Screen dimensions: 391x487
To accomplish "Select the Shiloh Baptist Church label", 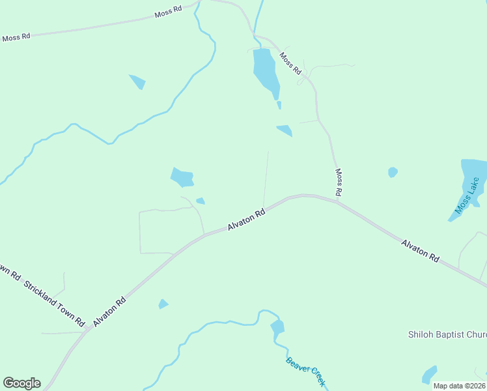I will [447, 334].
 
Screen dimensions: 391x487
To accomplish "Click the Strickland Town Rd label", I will [55, 304].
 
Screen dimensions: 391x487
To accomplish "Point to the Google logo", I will [21, 383].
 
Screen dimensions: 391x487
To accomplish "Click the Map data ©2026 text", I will [460, 385].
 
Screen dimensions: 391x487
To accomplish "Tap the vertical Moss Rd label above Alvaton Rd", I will [339, 182].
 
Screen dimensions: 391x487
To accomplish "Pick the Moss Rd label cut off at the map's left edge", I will [16, 38].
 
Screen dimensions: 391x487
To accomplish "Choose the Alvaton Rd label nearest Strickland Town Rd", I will [109, 312].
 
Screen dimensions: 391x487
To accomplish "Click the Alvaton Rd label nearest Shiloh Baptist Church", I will [420, 251].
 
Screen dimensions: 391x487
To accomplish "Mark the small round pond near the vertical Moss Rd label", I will [393, 172].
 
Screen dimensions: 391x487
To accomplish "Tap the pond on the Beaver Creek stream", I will [278, 327].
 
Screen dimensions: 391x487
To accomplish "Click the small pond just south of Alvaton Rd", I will [163, 304].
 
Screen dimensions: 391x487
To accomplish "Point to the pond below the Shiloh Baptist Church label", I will [430, 375].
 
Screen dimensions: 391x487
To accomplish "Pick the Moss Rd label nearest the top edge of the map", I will [168, 14].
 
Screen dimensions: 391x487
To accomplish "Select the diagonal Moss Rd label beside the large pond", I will [290, 63].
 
